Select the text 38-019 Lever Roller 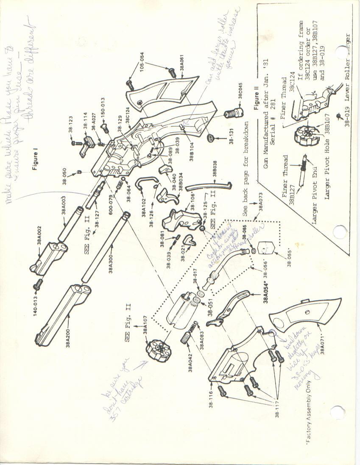343,76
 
